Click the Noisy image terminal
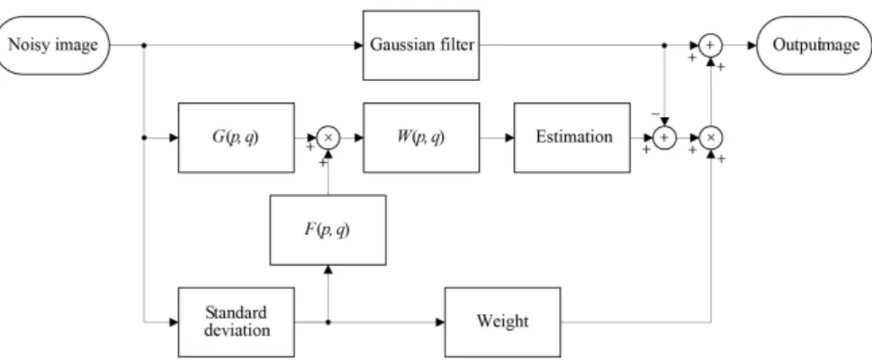[53, 45]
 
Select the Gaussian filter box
[421, 45]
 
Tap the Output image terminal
[814, 45]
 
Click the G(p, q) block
[237, 138]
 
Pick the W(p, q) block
[421, 138]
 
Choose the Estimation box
[572, 138]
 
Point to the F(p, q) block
[328, 229]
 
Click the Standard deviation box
[237, 322]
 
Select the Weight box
[503, 322]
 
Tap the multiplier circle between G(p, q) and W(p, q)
[328, 138]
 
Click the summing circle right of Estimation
[664, 138]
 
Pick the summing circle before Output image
[710, 45]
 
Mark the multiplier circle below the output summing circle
[710, 138]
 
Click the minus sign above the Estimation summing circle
[655, 113]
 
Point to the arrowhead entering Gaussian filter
[359, 45]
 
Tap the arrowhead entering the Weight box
[440, 322]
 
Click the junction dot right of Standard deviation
[328, 322]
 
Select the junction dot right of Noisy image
[144, 45]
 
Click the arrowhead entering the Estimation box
[509, 138]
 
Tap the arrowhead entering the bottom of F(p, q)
[328, 269]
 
